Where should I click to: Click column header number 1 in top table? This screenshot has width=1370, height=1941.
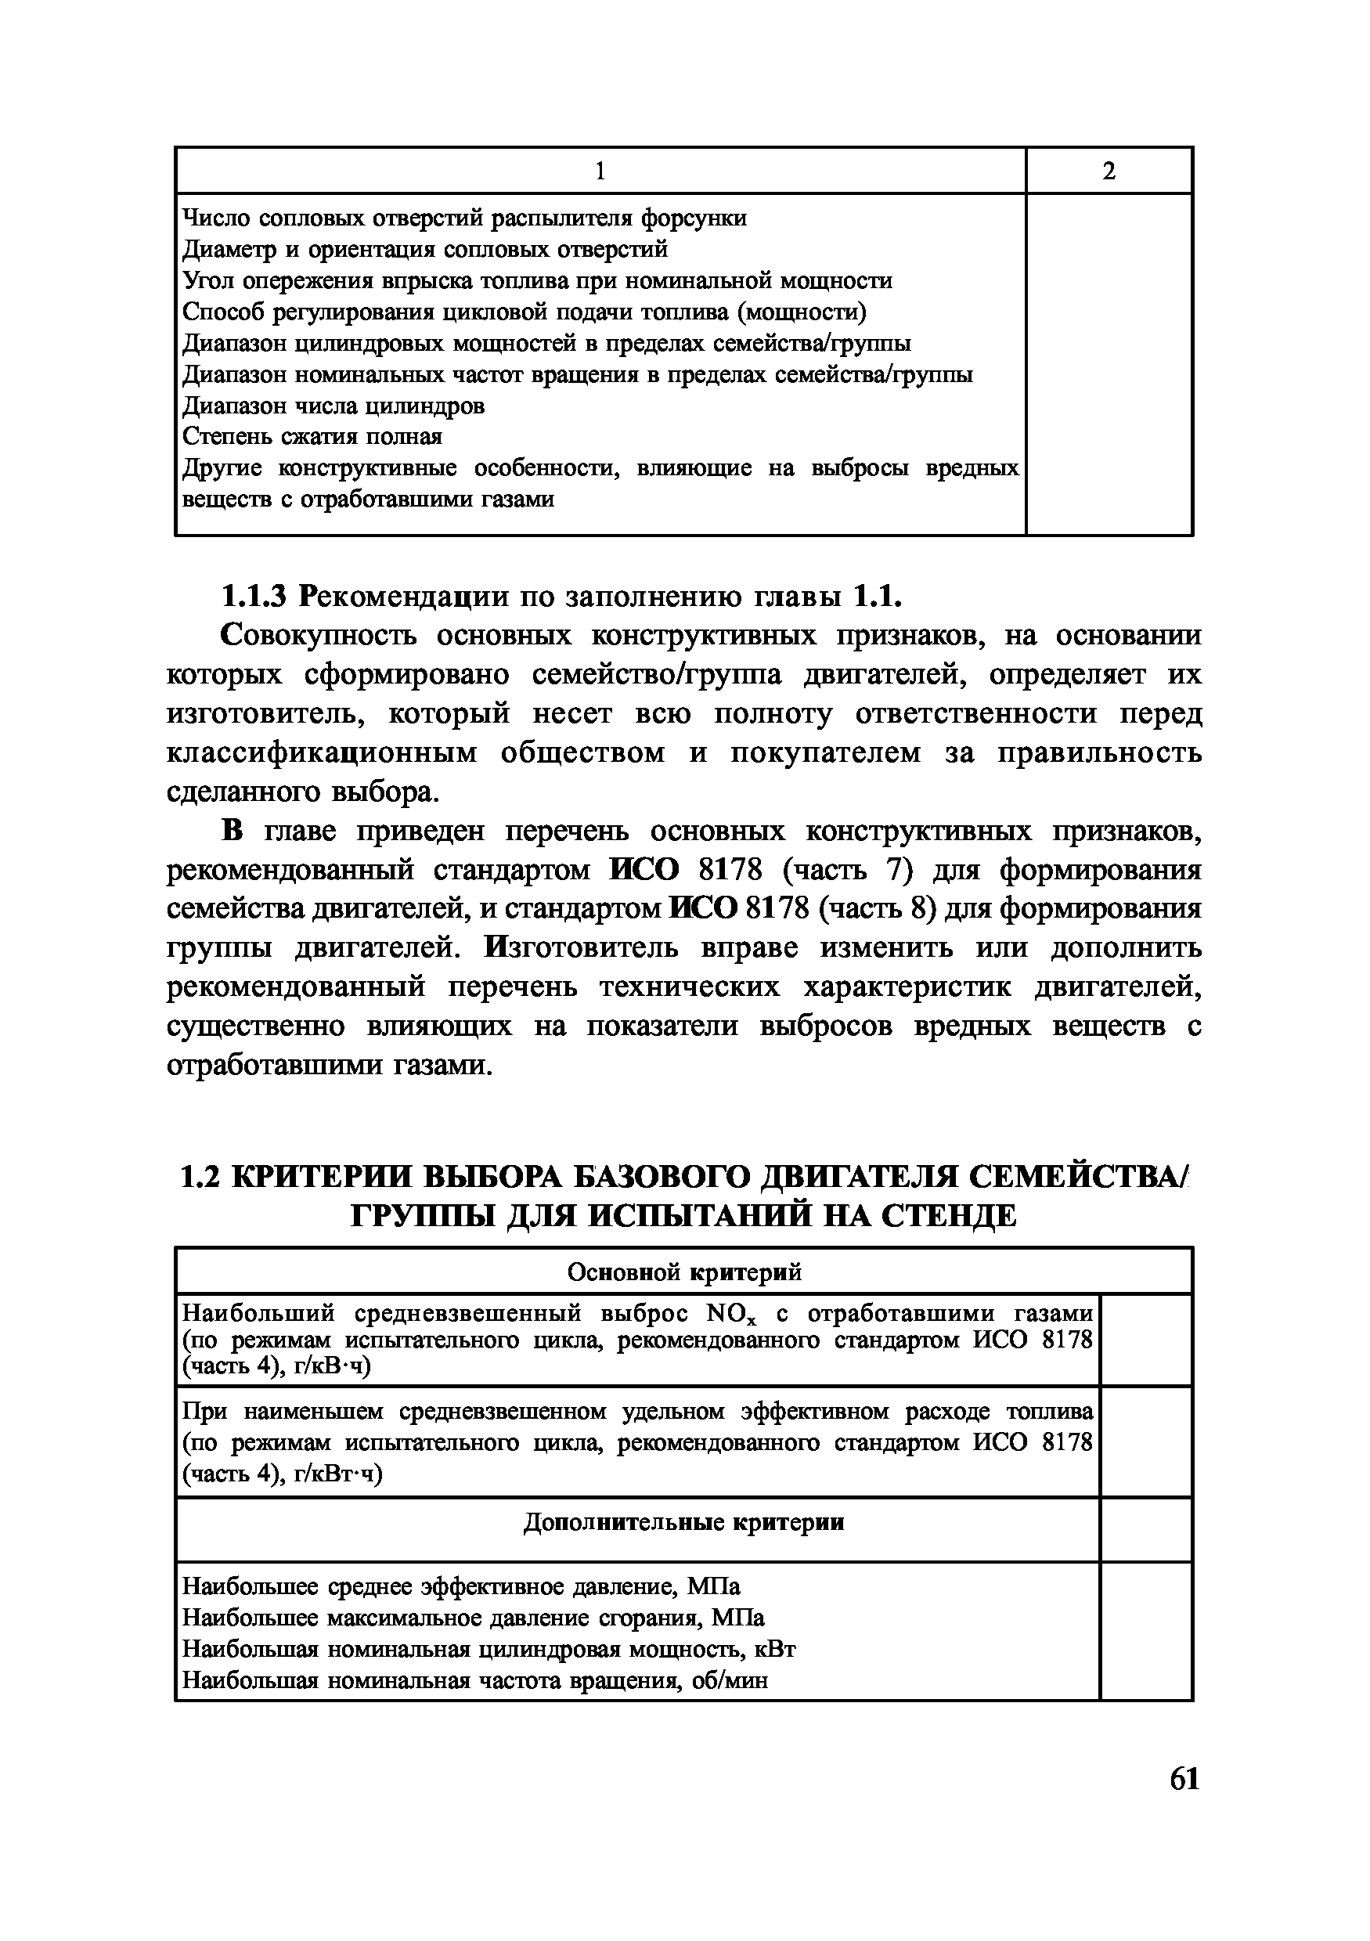[x=600, y=171]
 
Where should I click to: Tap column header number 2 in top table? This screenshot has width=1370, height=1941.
[x=1109, y=171]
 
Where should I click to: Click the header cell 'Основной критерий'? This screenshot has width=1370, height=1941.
[x=683, y=1272]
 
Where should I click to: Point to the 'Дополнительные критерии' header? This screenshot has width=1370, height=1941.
[x=683, y=1523]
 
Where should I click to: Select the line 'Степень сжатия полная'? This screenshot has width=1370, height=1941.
[x=312, y=436]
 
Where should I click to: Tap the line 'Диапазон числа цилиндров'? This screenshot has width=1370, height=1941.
[x=333, y=406]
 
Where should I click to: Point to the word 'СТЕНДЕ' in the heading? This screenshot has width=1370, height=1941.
[x=949, y=1216]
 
